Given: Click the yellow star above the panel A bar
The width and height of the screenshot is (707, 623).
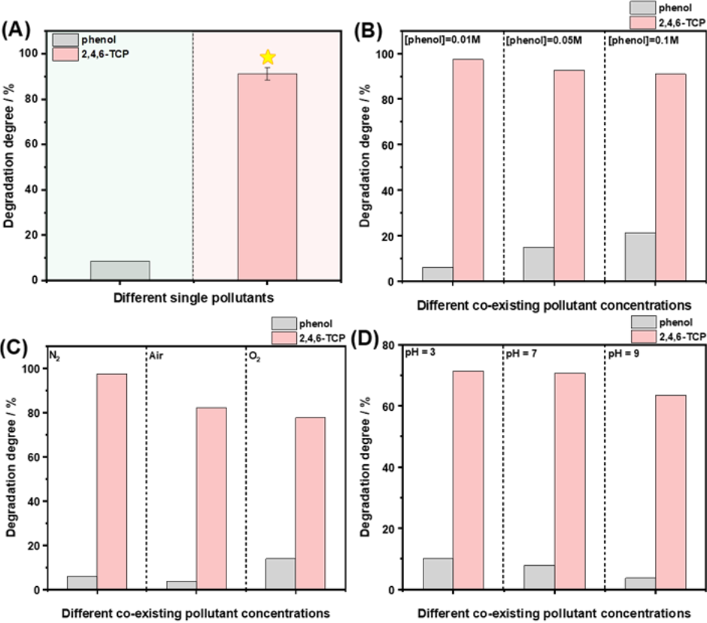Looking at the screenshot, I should click(267, 57).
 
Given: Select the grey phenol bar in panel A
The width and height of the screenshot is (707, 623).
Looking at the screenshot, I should click(120, 271).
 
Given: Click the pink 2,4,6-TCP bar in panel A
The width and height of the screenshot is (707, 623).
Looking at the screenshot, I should click(267, 177).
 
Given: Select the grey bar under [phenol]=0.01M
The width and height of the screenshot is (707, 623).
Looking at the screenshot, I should click(437, 274).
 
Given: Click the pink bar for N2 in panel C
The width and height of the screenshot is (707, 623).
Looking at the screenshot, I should click(111, 482).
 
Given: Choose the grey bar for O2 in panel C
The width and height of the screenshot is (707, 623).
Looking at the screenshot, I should click(280, 573).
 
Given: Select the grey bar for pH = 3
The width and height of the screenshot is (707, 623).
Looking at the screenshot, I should click(438, 573).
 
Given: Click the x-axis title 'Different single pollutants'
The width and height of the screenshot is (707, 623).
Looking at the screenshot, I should click(193, 298).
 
